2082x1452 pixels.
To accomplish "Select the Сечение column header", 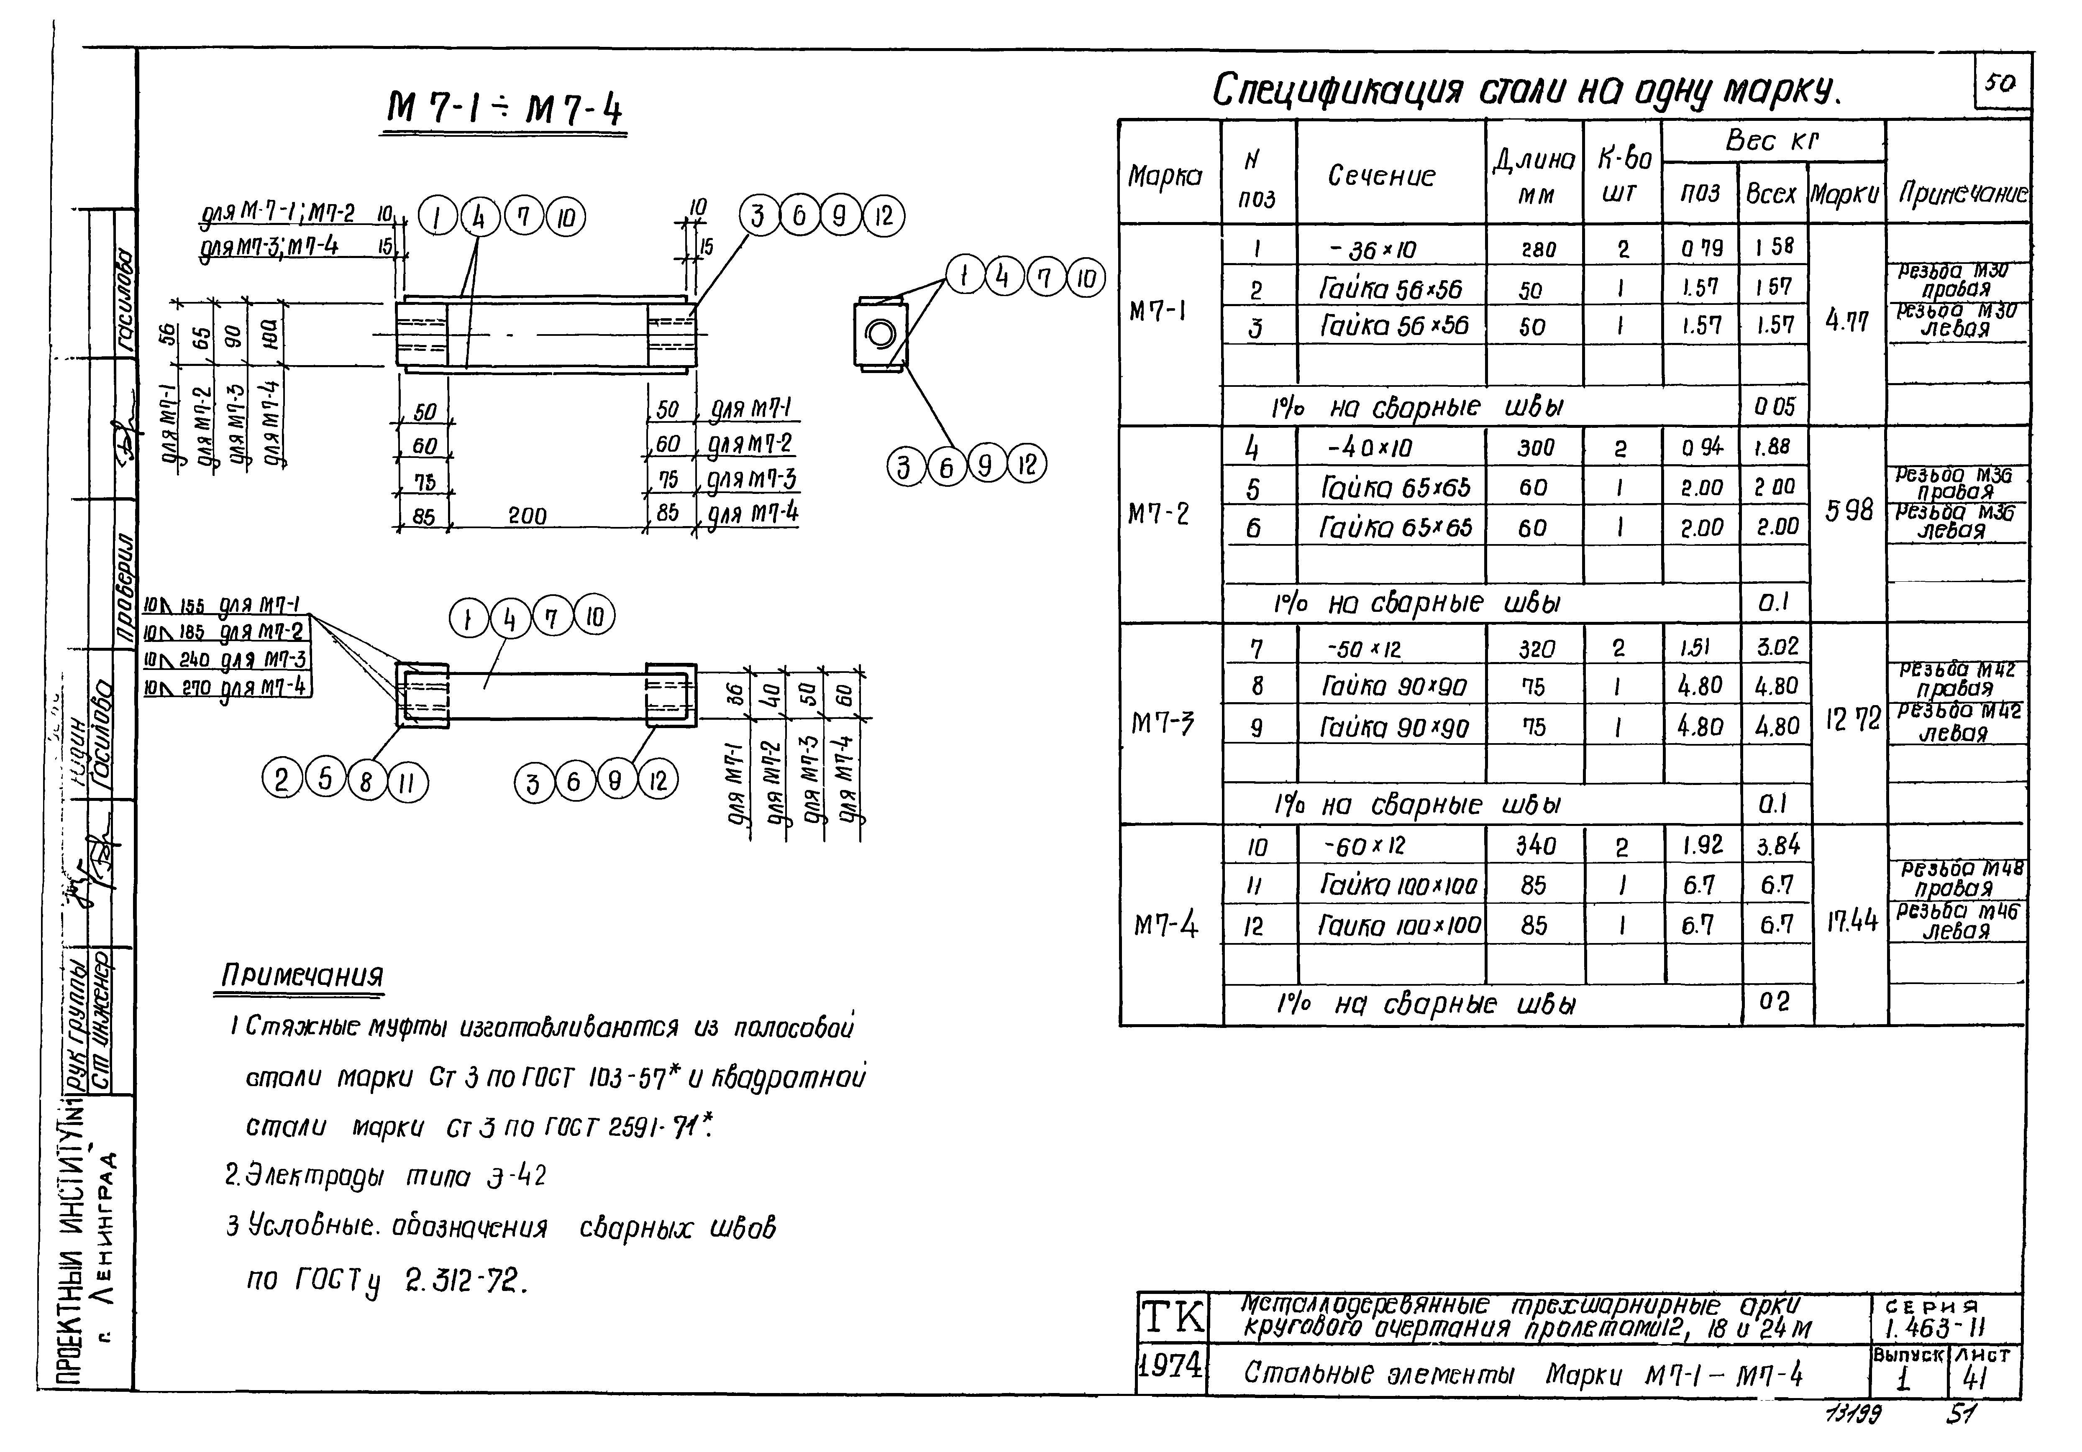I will point(1381,175).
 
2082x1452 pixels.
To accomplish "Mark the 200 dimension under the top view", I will point(527,516).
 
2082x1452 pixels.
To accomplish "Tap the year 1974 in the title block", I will point(1170,1364).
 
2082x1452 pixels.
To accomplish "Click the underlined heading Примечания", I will point(302,976).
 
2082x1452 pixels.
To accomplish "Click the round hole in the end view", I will point(881,334).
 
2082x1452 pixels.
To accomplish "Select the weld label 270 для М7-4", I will point(227,688).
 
